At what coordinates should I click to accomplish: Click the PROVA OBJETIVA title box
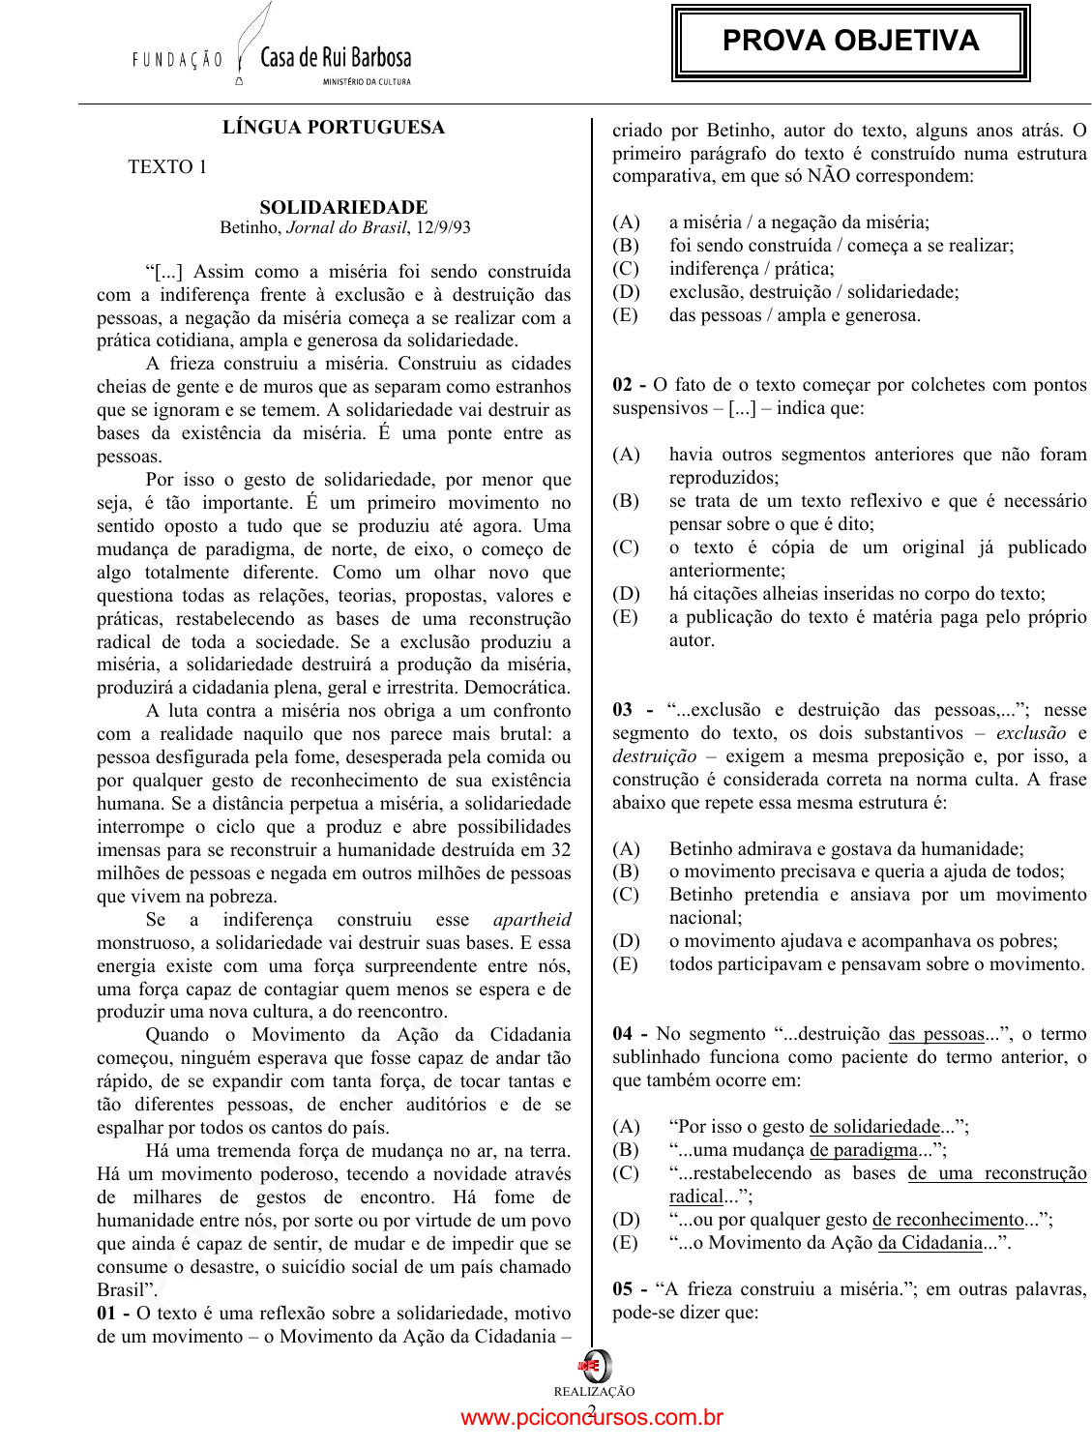pos(850,42)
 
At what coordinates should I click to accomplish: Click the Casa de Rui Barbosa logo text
pos(336,58)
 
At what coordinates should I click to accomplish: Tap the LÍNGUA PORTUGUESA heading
pos(334,128)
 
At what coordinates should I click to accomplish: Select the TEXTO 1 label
pos(167,167)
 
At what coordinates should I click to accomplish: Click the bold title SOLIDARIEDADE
pos(343,207)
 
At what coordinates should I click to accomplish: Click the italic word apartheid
pos(531,920)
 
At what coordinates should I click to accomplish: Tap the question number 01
pos(107,1314)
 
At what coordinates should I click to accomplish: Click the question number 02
pos(623,385)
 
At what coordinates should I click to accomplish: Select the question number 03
pos(623,710)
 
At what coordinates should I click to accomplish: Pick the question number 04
pos(623,1034)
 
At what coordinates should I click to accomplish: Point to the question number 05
pos(623,1289)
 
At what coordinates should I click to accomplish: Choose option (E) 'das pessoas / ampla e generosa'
pos(794,315)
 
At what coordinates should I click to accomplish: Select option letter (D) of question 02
pos(626,594)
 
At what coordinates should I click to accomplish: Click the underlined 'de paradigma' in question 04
pos(863,1150)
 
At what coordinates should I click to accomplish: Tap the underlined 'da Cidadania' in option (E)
pos(930,1243)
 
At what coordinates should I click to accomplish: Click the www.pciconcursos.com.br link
pos(592,1418)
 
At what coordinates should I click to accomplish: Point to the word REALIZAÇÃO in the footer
pos(594,1392)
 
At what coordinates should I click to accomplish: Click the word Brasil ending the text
pos(122,1290)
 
